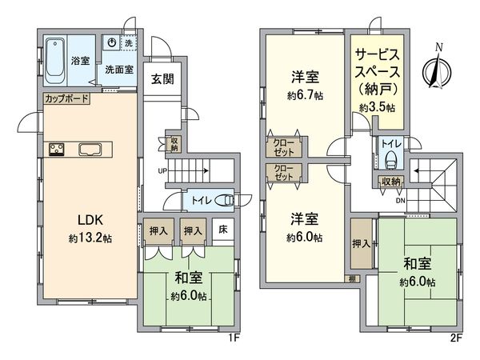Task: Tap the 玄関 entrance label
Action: pyautogui.click(x=160, y=78)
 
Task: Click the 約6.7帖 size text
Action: pyautogui.click(x=305, y=95)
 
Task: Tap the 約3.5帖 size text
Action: pyautogui.click(x=376, y=106)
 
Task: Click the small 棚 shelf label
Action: pyautogui.click(x=352, y=278)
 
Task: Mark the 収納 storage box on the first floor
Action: pyautogui.click(x=174, y=143)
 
